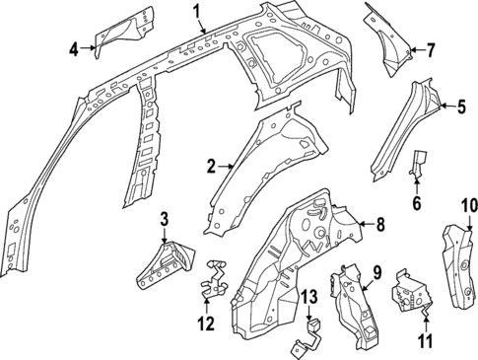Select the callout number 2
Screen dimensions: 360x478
coord(210,167)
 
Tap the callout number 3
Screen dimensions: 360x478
coord(165,218)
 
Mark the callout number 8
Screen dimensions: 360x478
coord(380,225)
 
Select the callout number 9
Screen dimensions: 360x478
coord(375,270)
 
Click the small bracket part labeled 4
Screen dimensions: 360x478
coord(119,30)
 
